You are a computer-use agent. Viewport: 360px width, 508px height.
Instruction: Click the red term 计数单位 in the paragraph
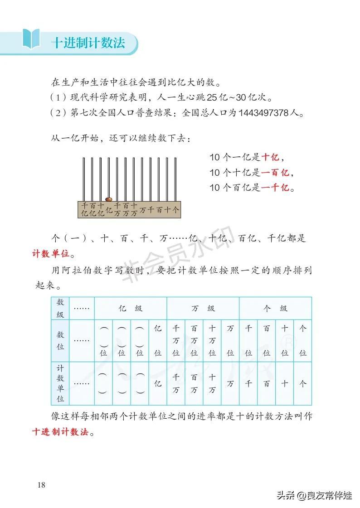click(x=53, y=253)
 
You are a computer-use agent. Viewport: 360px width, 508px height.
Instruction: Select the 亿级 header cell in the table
click(x=131, y=309)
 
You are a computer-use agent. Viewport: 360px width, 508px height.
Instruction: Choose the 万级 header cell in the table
click(x=203, y=309)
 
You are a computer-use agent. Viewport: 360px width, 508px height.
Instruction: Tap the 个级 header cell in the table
click(x=276, y=309)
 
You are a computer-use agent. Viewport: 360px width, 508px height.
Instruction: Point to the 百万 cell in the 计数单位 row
click(x=194, y=383)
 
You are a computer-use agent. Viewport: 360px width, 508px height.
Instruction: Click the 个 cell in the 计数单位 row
click(x=303, y=383)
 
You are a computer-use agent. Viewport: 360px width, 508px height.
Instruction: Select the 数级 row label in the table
click(x=60, y=308)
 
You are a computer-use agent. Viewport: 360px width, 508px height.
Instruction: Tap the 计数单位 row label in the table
click(x=60, y=383)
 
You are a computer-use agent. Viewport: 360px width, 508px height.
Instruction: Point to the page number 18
click(x=41, y=485)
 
